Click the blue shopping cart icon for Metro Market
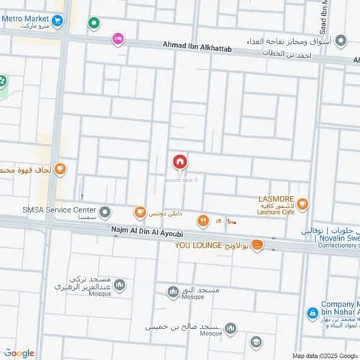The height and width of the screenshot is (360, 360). (58, 22)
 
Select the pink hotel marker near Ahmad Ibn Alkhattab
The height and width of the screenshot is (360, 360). (118, 39)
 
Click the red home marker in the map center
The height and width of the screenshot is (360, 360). (179, 162)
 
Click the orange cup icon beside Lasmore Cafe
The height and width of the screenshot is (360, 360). (302, 205)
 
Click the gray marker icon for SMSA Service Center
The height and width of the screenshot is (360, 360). (105, 212)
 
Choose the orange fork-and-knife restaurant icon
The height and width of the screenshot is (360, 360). (203, 220)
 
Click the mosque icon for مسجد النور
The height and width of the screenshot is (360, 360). (173, 292)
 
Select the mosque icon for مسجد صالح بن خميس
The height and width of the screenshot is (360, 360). (230, 328)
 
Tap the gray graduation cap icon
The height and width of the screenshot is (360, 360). (256, 342)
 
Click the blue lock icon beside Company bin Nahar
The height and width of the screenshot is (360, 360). (312, 314)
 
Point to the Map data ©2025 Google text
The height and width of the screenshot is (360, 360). (325, 356)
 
